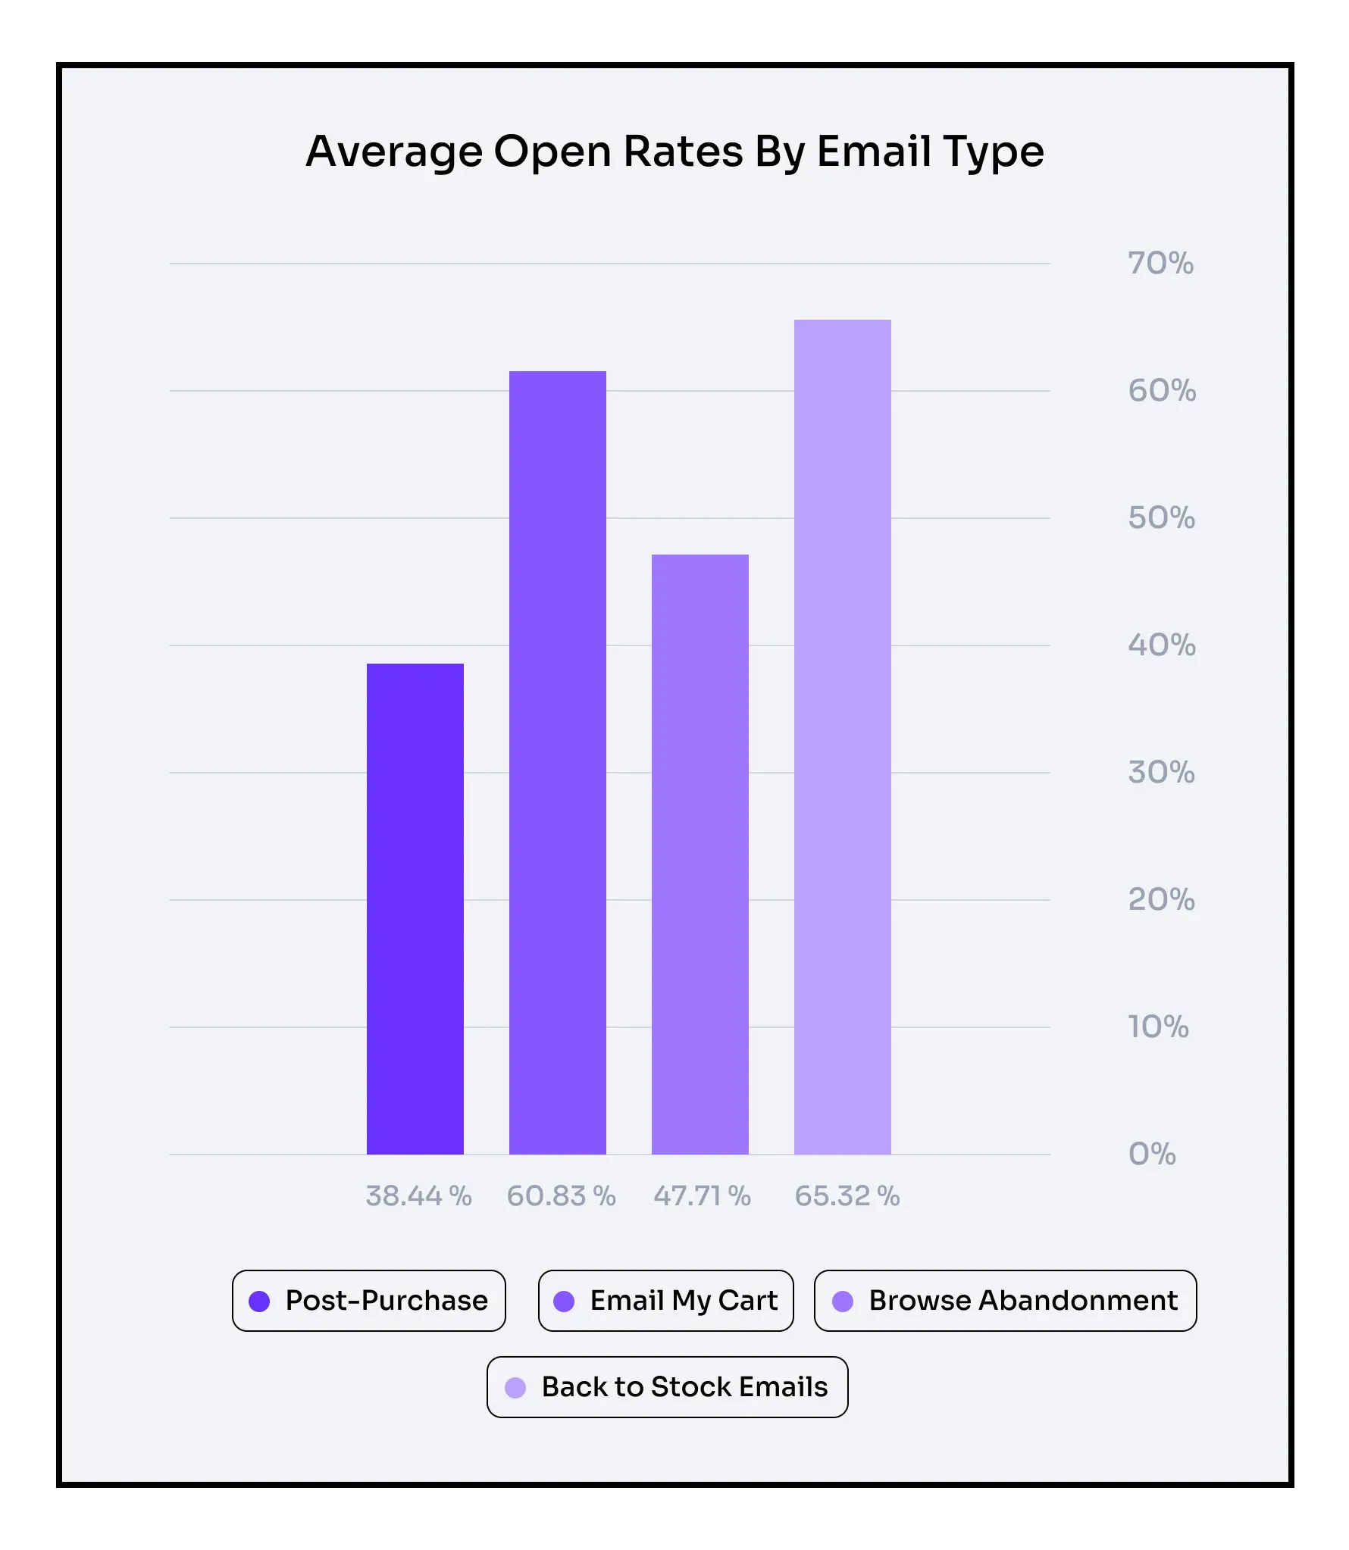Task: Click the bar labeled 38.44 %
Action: pos(415,908)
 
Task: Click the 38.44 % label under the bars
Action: pos(418,1196)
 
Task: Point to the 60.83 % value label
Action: pos(561,1196)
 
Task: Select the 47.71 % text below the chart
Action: pos(702,1196)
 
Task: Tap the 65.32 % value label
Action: pos(847,1196)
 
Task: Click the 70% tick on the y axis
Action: pos(1160,264)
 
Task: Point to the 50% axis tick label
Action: pos(1161,518)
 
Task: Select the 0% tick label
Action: pos(1152,1154)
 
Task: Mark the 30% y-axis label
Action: pos(1161,773)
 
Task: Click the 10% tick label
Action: pos(1158,1027)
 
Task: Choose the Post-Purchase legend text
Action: pos(387,1301)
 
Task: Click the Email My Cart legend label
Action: pos(684,1301)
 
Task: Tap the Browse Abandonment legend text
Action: pos(1023,1301)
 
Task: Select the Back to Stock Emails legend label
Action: pos(684,1387)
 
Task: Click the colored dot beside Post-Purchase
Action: pos(259,1302)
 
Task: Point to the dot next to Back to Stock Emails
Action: pos(515,1388)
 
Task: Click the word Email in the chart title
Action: pos(874,152)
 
